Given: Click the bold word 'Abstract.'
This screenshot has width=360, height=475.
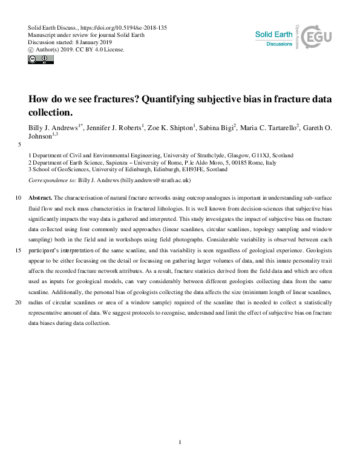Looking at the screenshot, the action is pyautogui.click(x=41, y=198).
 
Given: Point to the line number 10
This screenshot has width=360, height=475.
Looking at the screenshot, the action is pyautogui.click(x=18, y=198).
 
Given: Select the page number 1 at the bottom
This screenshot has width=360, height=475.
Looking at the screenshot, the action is pyautogui.click(x=180, y=443).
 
